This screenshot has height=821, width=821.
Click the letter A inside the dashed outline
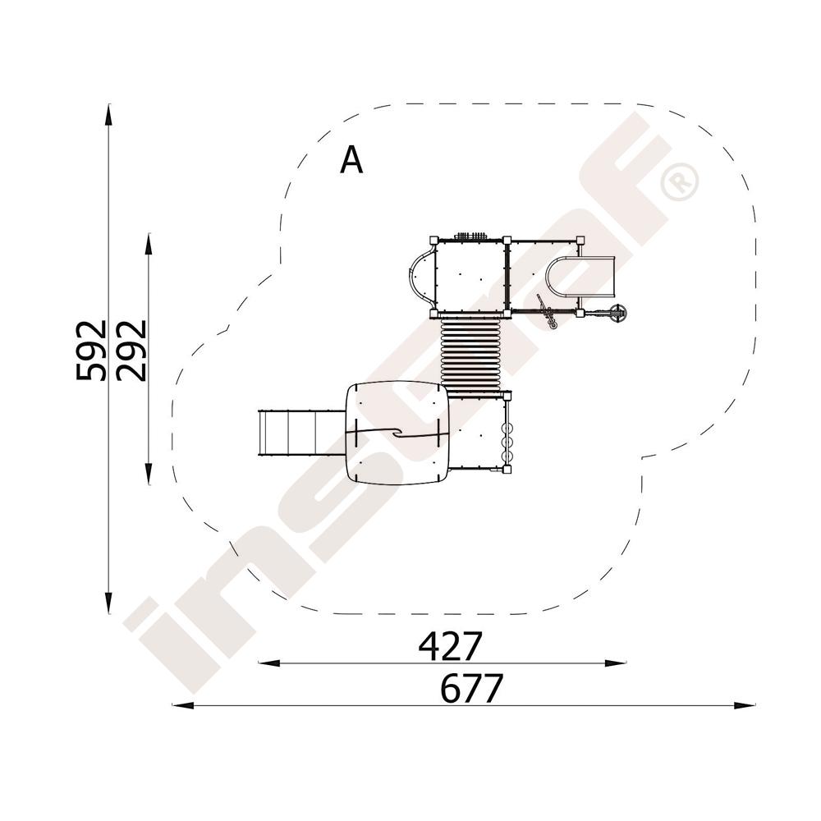click(x=351, y=160)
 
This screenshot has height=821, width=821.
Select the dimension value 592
click(x=91, y=350)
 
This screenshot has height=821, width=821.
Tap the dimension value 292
click(x=131, y=350)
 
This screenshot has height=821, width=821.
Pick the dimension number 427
click(x=450, y=646)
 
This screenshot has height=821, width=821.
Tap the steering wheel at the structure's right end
click(x=618, y=314)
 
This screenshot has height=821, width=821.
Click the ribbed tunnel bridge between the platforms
click(x=470, y=354)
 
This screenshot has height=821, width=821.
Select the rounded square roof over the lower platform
click(x=397, y=433)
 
